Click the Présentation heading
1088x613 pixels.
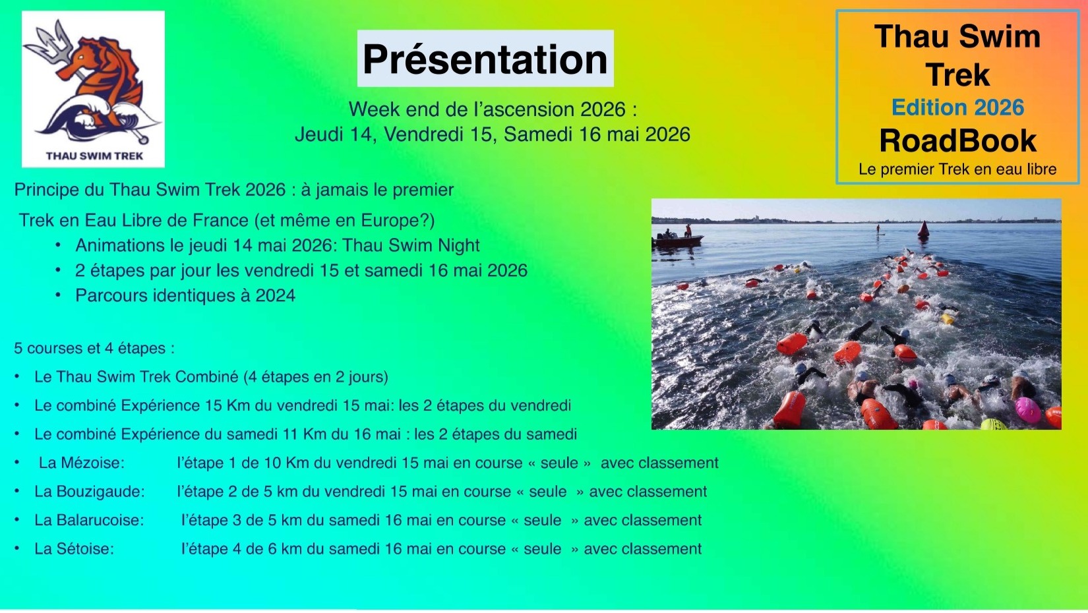pyautogui.click(x=485, y=59)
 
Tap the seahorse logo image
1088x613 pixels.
pyautogui.click(x=93, y=89)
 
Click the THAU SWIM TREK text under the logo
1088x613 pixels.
pyautogui.click(x=95, y=156)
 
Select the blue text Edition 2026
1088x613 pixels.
pyautogui.click(x=958, y=107)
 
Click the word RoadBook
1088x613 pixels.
pyautogui.click(x=958, y=141)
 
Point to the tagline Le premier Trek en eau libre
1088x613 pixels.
pyautogui.click(x=957, y=169)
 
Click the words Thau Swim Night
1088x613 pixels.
pyautogui.click(x=410, y=246)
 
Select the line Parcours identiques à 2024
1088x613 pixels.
pyautogui.click(x=185, y=295)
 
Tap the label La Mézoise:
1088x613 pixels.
pyautogui.click(x=82, y=463)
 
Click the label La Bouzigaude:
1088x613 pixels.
pyautogui.click(x=90, y=491)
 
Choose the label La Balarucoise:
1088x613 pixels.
pyautogui.click(x=89, y=520)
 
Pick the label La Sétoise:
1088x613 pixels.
pyautogui.click(x=74, y=548)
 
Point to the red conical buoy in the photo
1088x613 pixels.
pyautogui.click(x=923, y=229)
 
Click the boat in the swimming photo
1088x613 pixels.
pyautogui.click(x=677, y=239)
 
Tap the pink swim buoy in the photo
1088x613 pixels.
pyautogui.click(x=1027, y=410)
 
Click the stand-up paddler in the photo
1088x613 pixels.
pyautogui.click(x=878, y=229)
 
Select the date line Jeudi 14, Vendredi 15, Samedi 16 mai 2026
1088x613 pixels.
pyautogui.click(x=492, y=134)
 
